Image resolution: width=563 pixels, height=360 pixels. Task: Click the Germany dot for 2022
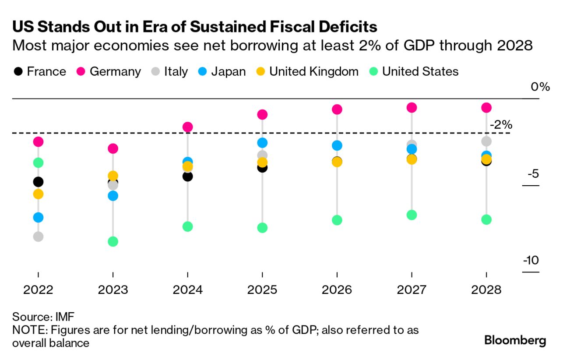(x=38, y=141)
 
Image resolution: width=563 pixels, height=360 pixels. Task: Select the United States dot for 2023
(x=113, y=241)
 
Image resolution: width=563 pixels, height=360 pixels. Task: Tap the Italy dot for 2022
(x=38, y=236)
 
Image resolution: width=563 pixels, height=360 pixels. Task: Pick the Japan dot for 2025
(x=262, y=143)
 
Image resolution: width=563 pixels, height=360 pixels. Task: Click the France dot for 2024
(x=187, y=176)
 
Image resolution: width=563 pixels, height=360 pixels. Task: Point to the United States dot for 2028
(x=486, y=219)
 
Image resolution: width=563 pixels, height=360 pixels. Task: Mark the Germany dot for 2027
(x=412, y=107)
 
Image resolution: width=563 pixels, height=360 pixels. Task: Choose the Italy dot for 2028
(x=486, y=141)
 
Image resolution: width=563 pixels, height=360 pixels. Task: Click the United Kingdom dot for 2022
(x=38, y=194)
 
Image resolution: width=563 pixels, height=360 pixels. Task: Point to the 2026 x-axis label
(x=337, y=290)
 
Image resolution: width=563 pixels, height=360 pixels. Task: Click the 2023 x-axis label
(x=113, y=290)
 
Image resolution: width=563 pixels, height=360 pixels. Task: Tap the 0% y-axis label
(x=540, y=87)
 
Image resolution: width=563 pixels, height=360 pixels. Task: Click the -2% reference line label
(x=501, y=125)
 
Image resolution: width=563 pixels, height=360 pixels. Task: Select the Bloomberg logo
(x=515, y=340)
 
